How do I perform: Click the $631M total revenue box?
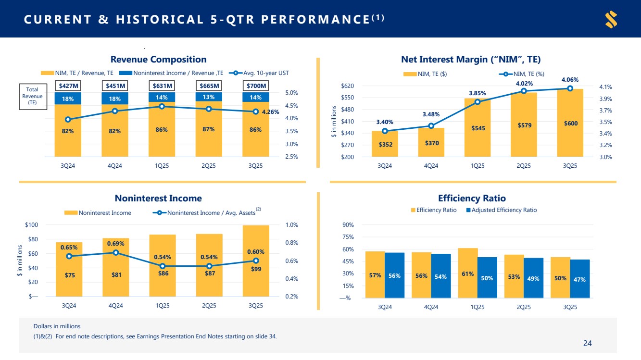coord(162,86)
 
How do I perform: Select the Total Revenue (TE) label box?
coord(33,96)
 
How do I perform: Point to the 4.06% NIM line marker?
coord(570,88)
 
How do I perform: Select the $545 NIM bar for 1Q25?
coord(477,127)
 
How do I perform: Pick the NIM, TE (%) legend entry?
coord(522,74)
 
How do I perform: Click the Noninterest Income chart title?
coord(158,198)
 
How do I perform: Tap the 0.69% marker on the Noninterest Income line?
coord(116,252)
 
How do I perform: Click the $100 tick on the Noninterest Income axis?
coord(31,224)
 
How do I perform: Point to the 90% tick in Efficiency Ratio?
coord(348,225)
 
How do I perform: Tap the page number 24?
coord(587,343)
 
